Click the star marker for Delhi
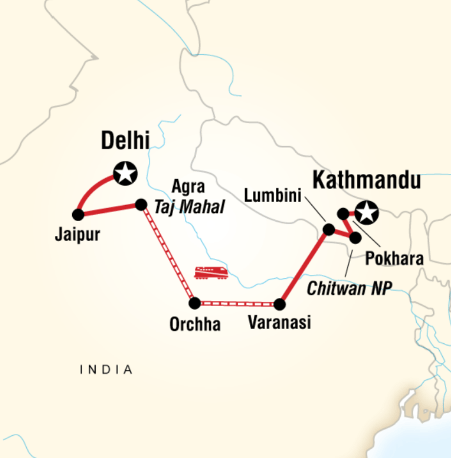[125, 173]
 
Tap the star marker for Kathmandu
[367, 213]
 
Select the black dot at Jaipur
[78, 214]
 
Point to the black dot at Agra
[141, 204]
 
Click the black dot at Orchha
[195, 303]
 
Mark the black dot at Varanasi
[279, 304]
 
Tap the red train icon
[211, 273]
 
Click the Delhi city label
[125, 141]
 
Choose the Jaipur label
[78, 235]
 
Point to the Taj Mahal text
[189, 207]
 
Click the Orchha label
[195, 324]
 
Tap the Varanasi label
[279, 323]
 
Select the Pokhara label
[394, 259]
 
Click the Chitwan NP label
[349, 289]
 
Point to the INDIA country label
[106, 370]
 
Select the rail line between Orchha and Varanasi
[237, 304]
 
